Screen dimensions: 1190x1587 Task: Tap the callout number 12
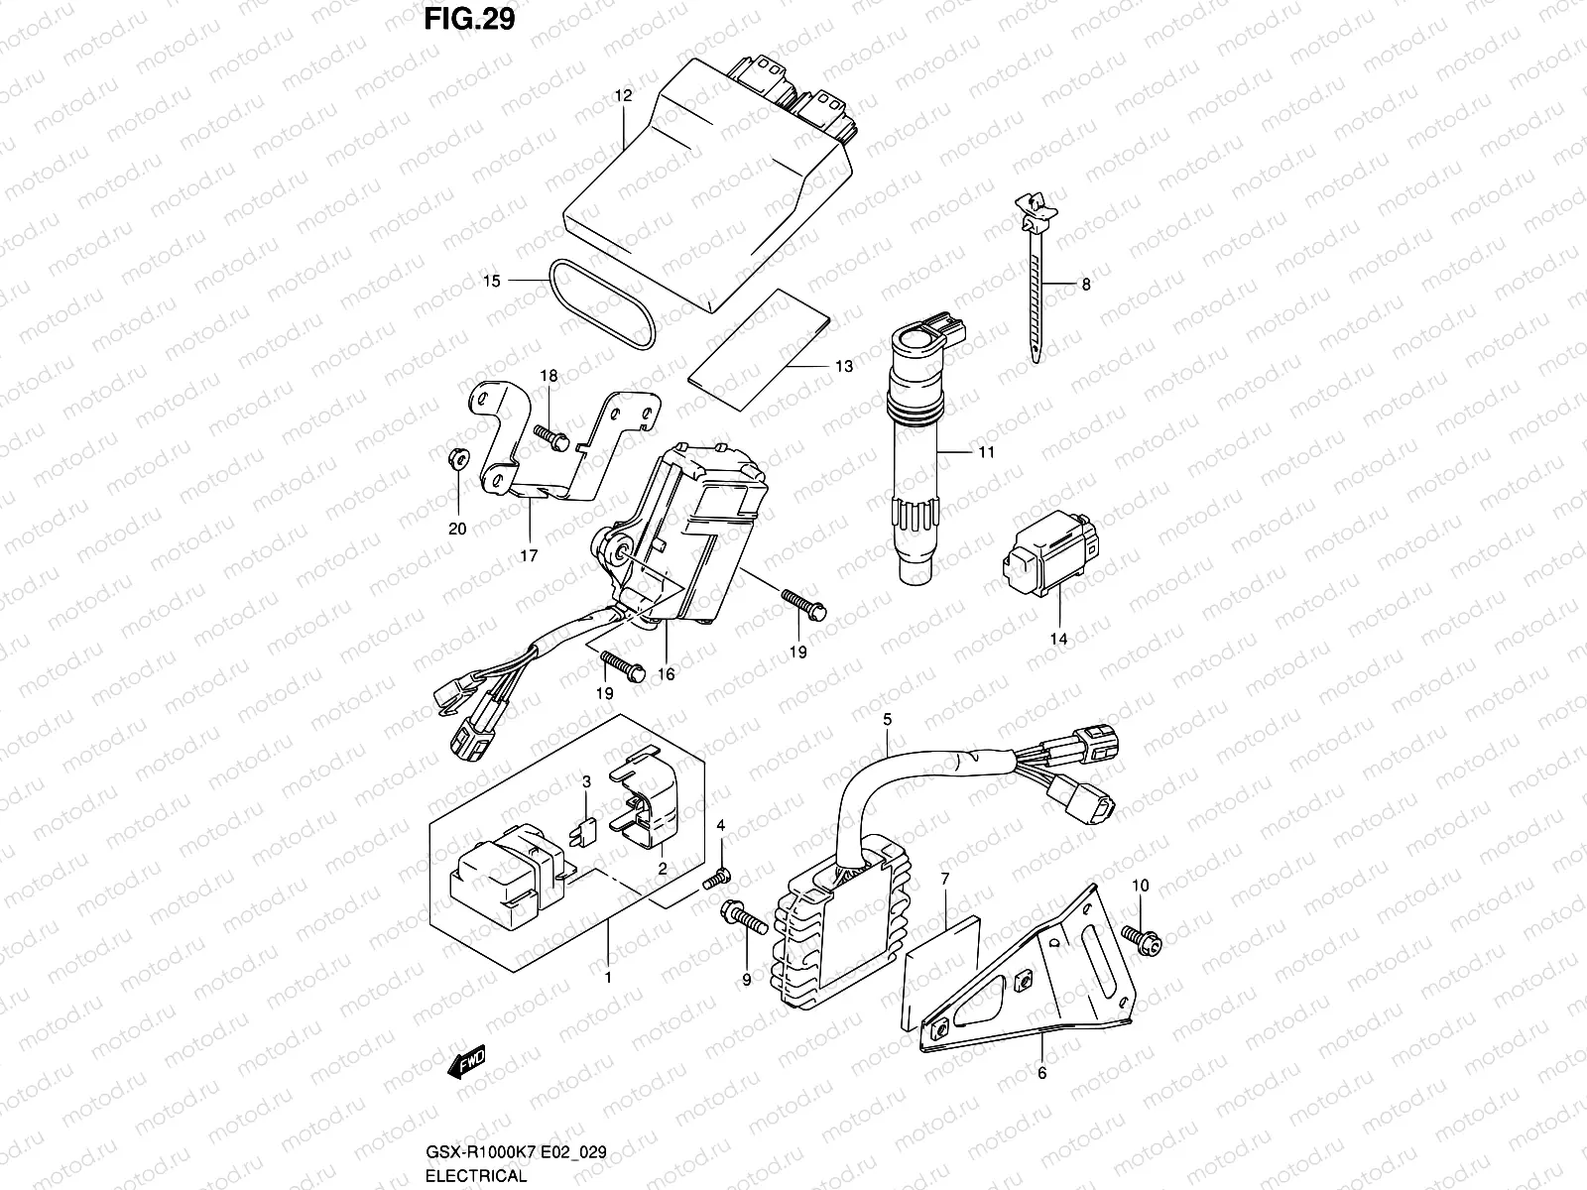(623, 96)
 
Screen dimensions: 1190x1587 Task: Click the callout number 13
(843, 367)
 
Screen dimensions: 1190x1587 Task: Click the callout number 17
(529, 555)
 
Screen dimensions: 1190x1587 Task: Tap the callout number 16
(666, 674)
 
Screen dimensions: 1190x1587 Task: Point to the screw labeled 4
(718, 877)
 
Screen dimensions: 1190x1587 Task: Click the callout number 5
(887, 719)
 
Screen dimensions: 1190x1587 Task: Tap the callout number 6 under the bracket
(1041, 1072)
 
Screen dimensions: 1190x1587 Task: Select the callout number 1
(608, 976)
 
